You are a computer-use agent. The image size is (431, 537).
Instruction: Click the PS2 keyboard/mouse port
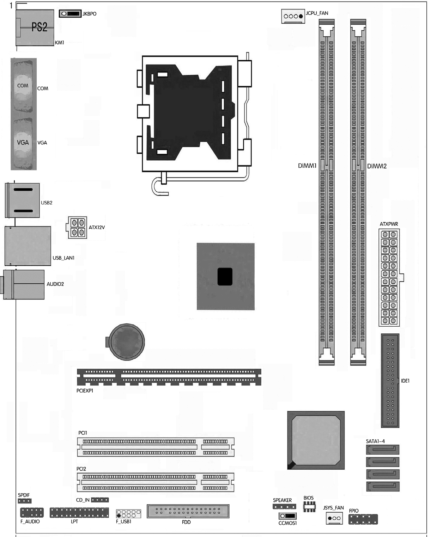35,28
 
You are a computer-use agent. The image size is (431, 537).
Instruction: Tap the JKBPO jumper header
70,14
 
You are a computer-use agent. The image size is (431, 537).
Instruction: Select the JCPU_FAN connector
293,16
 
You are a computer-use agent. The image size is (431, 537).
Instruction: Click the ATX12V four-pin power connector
77,227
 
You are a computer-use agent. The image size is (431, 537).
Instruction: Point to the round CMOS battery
126,342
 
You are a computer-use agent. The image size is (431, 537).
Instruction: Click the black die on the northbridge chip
225,277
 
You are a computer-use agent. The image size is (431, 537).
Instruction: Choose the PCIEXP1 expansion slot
169,377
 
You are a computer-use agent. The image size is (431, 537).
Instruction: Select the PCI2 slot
156,482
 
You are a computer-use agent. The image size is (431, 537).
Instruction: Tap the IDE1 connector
390,381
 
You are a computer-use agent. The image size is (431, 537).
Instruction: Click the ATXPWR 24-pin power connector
389,277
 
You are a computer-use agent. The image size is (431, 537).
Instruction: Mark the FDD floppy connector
188,511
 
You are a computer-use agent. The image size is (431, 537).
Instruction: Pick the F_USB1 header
128,513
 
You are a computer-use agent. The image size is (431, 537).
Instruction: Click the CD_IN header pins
100,500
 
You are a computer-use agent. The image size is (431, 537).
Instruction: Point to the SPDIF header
25,501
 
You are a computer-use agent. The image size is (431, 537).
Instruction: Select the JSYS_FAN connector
334,518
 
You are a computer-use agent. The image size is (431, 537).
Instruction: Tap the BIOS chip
309,507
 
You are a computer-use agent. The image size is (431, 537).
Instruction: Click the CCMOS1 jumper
287,516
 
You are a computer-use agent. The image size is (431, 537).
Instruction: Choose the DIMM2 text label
377,166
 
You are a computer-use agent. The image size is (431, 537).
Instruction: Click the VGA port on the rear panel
24,143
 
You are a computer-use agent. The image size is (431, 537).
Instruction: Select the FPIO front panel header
363,519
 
